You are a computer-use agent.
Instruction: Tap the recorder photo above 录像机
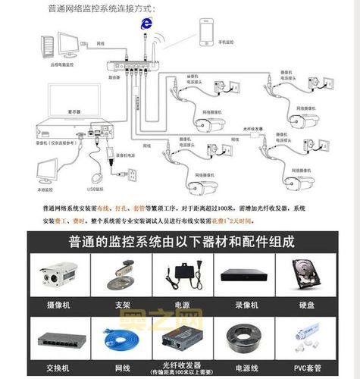click(243, 273)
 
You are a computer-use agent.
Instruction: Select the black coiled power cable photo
click(243, 334)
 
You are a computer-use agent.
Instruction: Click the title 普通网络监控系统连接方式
click(102, 8)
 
